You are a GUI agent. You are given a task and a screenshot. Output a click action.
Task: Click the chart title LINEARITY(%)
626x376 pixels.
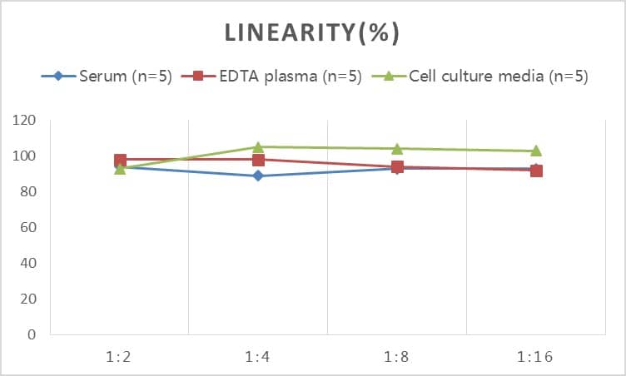pos(312,32)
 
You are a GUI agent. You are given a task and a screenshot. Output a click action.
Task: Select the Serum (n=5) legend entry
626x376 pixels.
pos(125,77)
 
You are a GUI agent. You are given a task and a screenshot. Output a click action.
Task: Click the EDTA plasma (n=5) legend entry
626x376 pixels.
pos(288,77)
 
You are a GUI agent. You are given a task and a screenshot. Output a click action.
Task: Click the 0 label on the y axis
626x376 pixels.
pos(32,335)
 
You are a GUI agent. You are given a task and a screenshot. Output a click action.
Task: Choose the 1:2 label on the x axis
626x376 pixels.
pos(120,357)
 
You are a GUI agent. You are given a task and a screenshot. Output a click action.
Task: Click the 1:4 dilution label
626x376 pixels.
pos(258,357)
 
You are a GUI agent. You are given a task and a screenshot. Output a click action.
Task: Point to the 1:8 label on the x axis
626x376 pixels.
pos(397,357)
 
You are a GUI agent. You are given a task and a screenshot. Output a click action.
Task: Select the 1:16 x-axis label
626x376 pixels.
pos(535,357)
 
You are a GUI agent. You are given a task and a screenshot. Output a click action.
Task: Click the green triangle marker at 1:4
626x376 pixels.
pos(258,147)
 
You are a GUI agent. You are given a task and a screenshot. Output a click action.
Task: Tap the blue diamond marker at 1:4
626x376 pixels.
pos(258,176)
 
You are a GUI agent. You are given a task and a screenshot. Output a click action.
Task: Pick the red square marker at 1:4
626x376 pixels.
pos(258,160)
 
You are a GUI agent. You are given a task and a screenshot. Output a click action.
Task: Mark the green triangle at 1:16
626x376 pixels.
pos(536,151)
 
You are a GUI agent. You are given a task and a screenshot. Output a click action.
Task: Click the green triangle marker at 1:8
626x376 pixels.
pos(397,149)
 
